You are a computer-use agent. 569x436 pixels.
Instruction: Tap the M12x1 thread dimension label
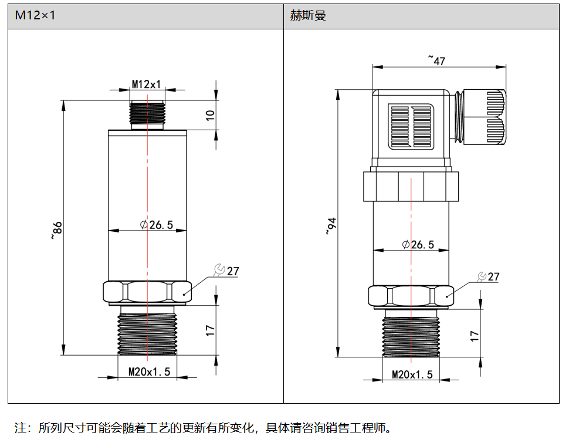(146, 85)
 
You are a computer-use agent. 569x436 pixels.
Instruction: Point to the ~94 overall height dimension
(331, 226)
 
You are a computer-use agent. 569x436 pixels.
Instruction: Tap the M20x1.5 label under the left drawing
(149, 371)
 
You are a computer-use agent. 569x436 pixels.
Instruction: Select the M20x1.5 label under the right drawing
(412, 374)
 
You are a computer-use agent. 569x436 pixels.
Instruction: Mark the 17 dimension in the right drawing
(475, 336)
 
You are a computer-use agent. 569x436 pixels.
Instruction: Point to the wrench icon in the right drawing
(482, 276)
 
